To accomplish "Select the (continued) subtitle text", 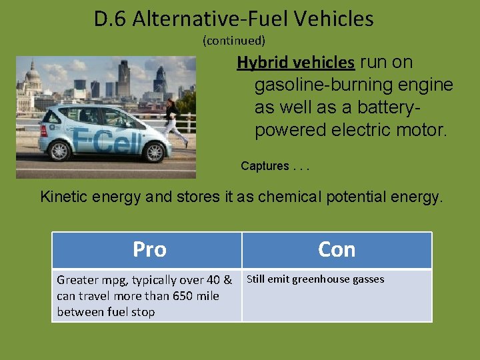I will pyautogui.click(x=233, y=41).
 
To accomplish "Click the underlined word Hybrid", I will pyautogui.click(x=261, y=63).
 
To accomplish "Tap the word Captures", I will pyautogui.click(x=265, y=166).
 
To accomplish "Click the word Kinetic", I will pyautogui.click(x=64, y=197).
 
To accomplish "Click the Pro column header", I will pyautogui.click(x=149, y=249).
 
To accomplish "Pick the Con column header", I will pyautogui.click(x=337, y=249).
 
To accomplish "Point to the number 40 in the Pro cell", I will pyautogui.click(x=213, y=280).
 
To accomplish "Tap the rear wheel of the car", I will pyautogui.click(x=59, y=151).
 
